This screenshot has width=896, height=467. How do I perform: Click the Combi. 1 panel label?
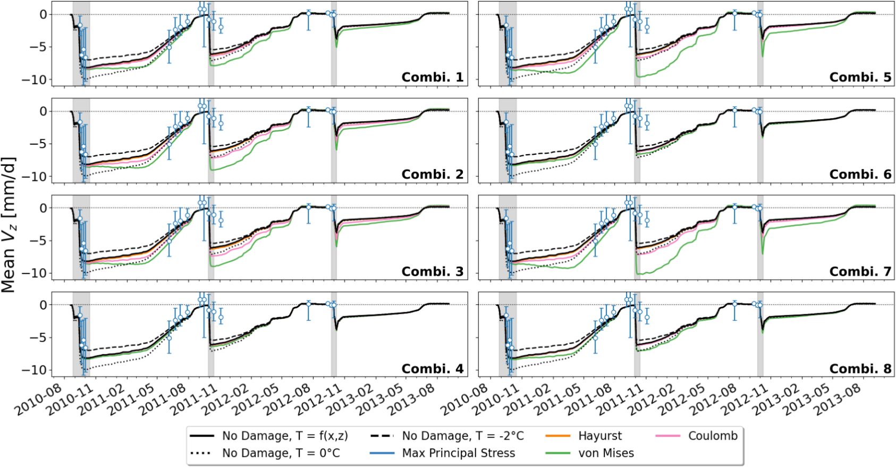pos(432,77)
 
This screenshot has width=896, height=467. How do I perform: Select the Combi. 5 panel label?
pos(860,77)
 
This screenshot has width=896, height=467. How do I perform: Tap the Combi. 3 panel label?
pos(432,271)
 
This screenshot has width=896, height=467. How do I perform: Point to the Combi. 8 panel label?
pos(860,369)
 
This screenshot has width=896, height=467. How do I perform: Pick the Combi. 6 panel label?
pos(860,174)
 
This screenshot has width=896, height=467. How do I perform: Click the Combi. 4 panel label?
pos(432,369)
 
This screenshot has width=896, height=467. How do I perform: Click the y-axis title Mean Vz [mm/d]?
pos(9,224)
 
